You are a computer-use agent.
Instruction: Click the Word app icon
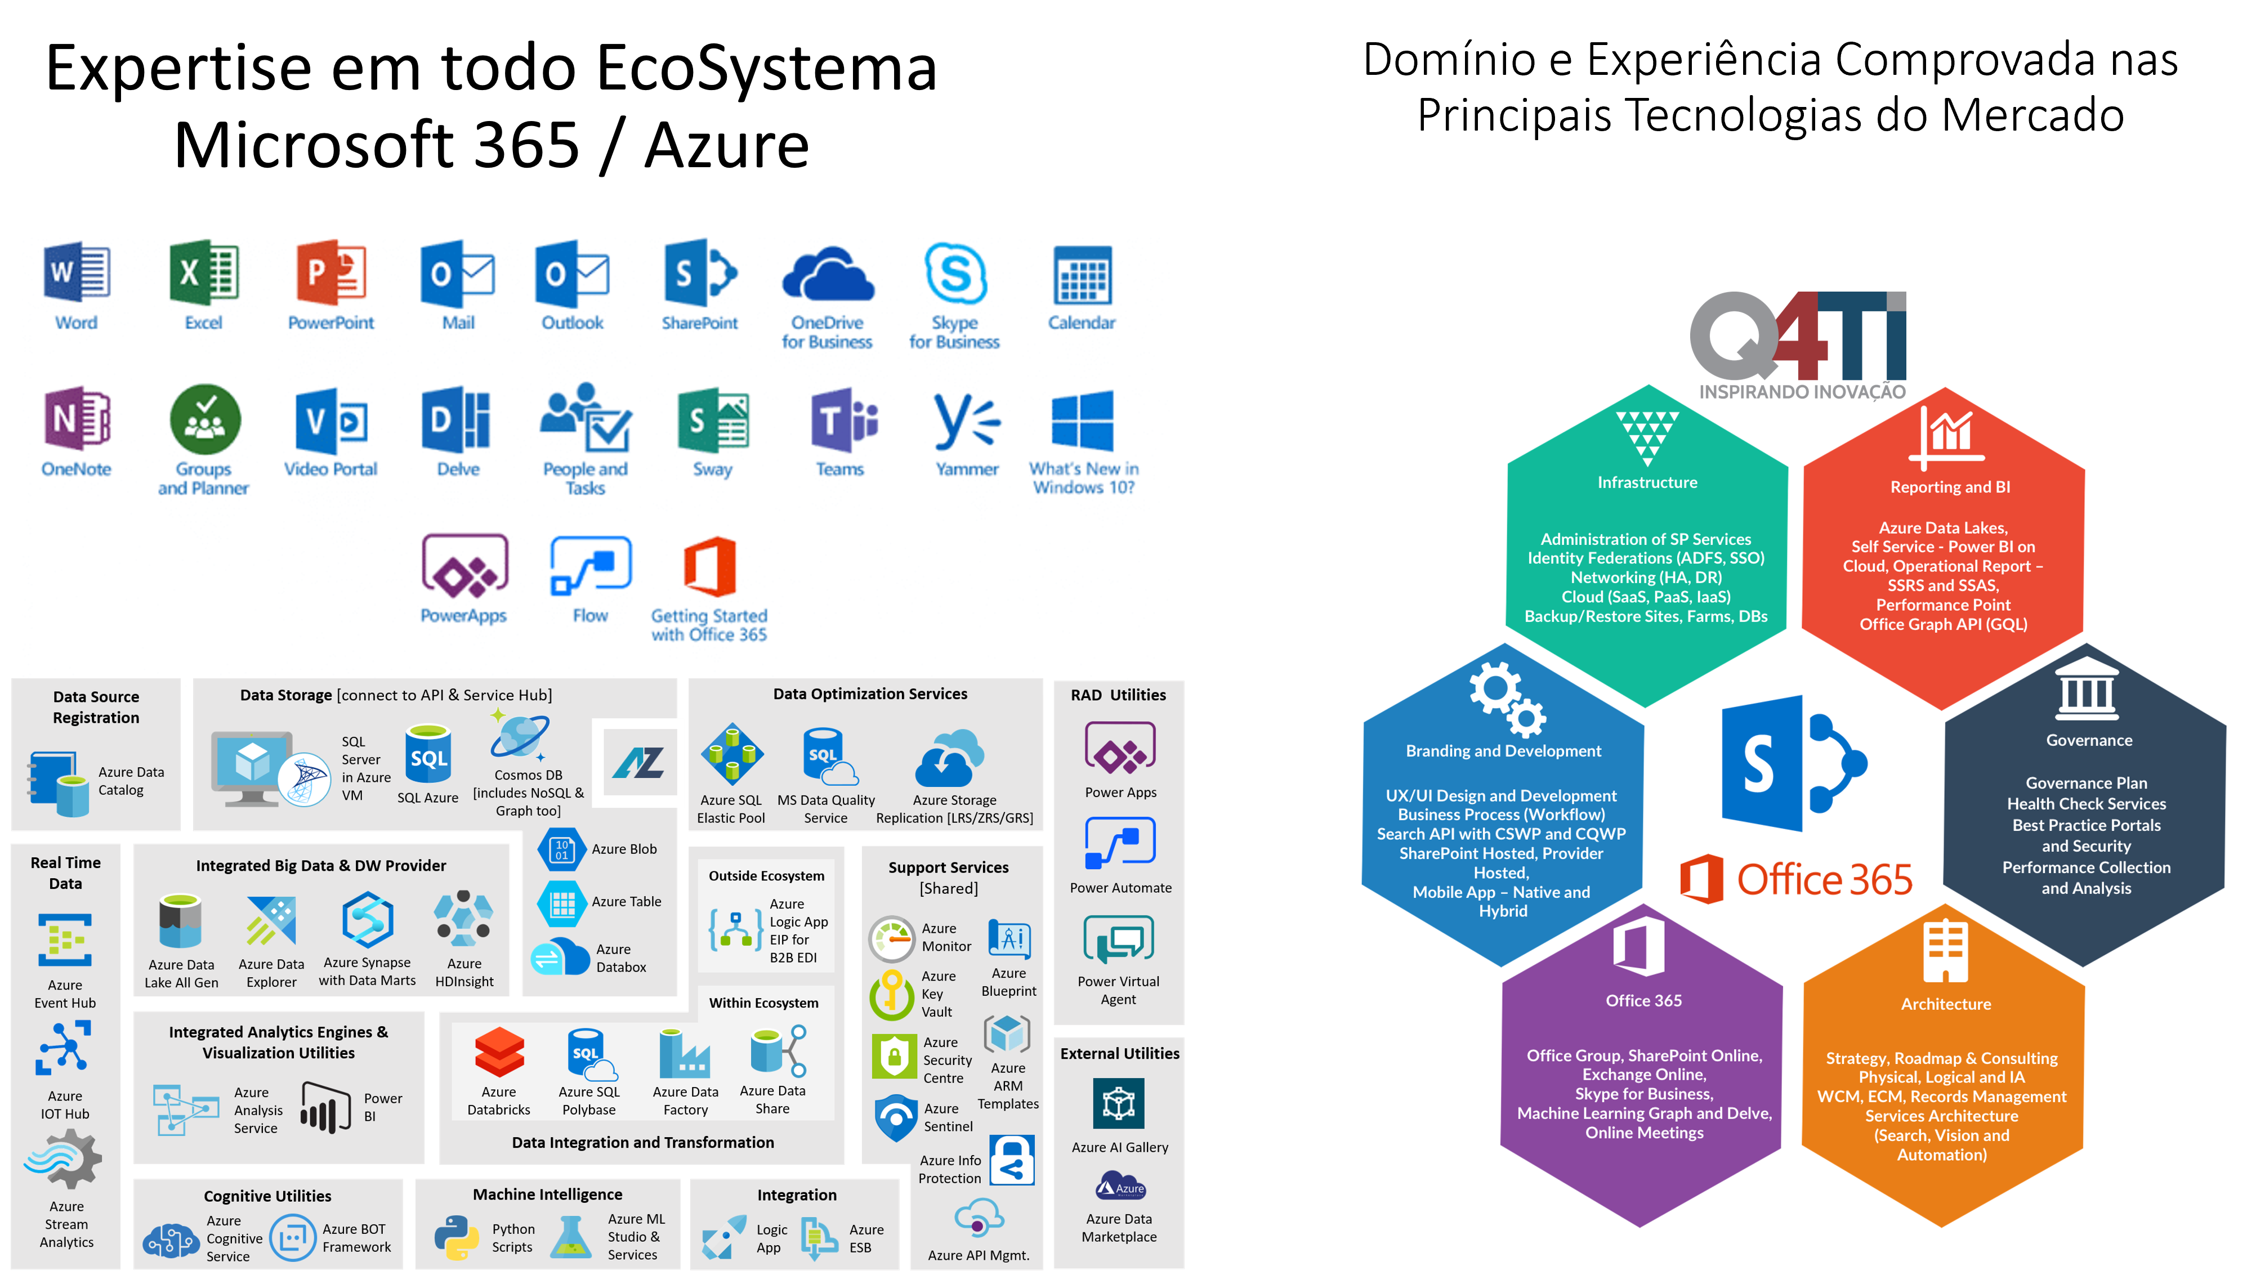pyautogui.click(x=77, y=273)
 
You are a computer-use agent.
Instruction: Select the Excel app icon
pyautogui.click(x=204, y=273)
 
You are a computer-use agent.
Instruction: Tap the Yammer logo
pyautogui.click(x=966, y=420)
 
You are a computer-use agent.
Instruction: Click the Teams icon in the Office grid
pyautogui.click(x=842, y=420)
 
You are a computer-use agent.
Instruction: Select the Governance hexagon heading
pyautogui.click(x=2089, y=740)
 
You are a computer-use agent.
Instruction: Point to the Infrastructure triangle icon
pyautogui.click(x=1647, y=436)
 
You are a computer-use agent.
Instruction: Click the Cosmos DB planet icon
pyautogui.click(x=520, y=736)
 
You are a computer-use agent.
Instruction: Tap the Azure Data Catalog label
pyautogui.click(x=131, y=780)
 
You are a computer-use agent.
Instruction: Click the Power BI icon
pyautogui.click(x=325, y=1107)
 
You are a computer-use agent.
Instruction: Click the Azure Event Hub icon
pyautogui.click(x=65, y=940)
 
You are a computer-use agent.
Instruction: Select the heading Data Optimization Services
pyautogui.click(x=870, y=694)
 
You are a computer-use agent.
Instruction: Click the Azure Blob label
pyautogui.click(x=624, y=848)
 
